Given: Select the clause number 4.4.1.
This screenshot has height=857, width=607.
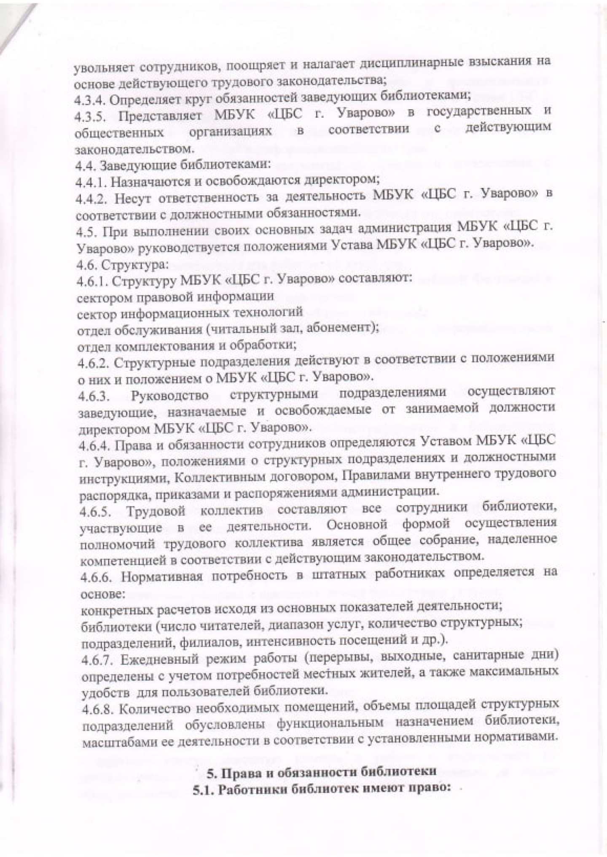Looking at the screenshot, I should [x=89, y=181].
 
